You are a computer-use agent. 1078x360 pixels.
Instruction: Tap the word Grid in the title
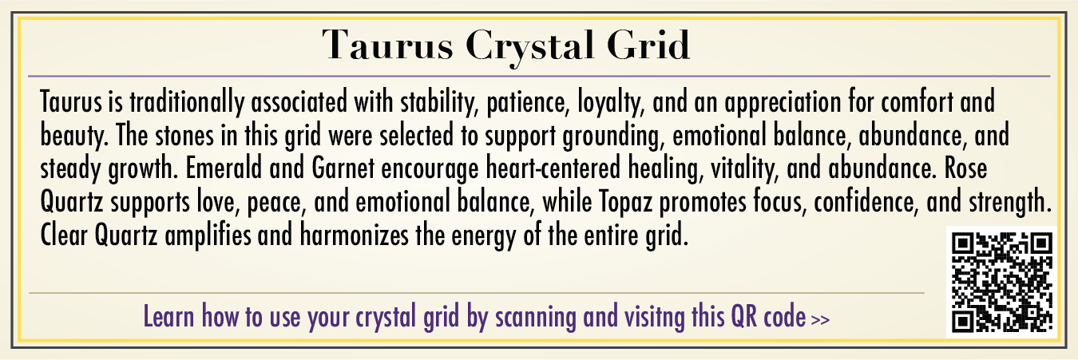(648, 44)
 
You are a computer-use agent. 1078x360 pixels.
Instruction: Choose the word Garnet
(343, 168)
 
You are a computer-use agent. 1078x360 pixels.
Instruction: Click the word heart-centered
(553, 168)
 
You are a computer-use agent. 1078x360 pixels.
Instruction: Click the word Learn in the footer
(169, 317)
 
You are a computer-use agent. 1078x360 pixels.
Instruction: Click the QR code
(1002, 282)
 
